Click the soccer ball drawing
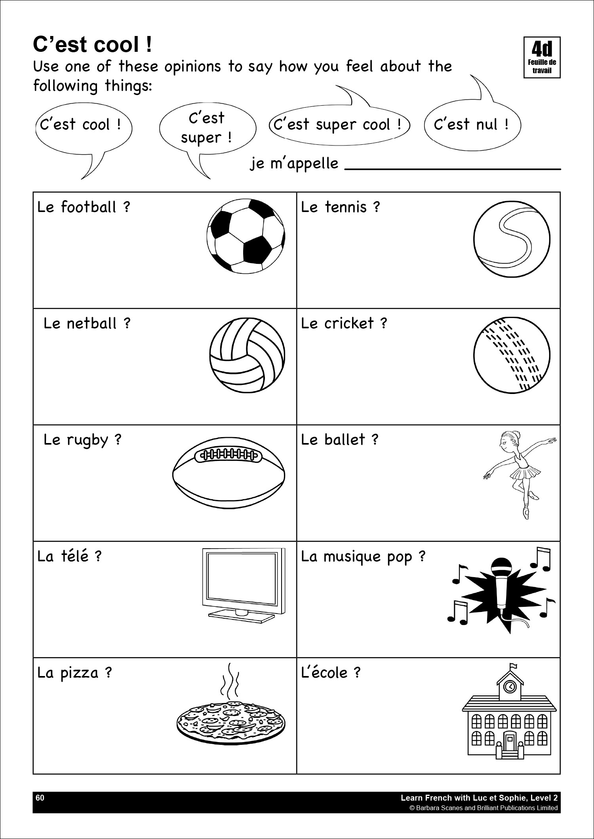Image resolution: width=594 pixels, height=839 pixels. pyautogui.click(x=246, y=236)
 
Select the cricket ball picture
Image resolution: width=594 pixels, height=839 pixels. pyautogui.click(x=512, y=355)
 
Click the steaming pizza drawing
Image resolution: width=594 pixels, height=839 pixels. pyautogui.click(x=231, y=720)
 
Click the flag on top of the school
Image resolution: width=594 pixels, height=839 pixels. pyautogui.click(x=514, y=666)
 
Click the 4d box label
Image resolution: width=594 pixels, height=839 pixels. pyautogui.click(x=542, y=57)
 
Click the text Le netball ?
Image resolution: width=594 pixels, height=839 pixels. pyautogui.click(x=87, y=324)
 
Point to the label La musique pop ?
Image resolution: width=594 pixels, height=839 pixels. pyautogui.click(x=363, y=556)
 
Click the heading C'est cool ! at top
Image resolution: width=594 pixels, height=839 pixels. pyautogui.click(x=92, y=45)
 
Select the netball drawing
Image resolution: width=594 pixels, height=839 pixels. pyautogui.click(x=247, y=354)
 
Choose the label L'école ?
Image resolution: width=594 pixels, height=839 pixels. pyautogui.click(x=331, y=672)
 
